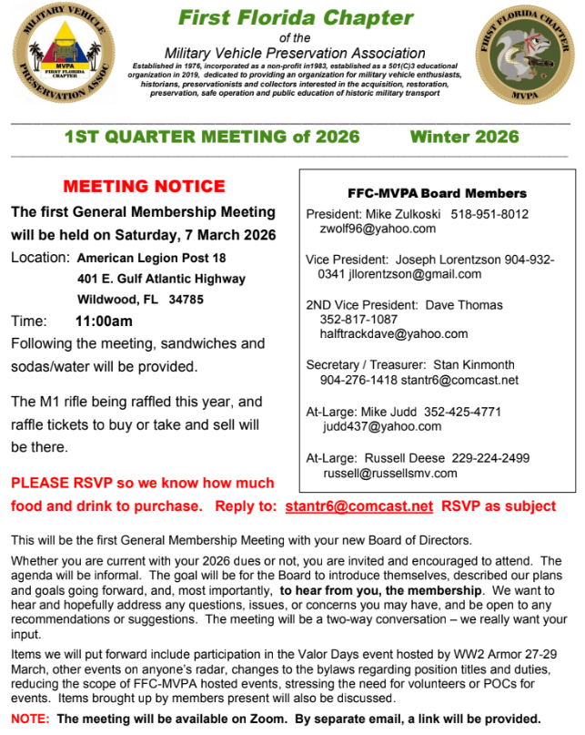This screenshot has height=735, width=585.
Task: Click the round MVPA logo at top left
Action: pyautogui.click(x=63, y=59)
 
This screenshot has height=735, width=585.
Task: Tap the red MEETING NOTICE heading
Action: pyautogui.click(x=145, y=187)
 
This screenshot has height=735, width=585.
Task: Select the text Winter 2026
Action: pyautogui.click(x=464, y=138)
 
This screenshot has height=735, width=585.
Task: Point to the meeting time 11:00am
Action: pyautogui.click(x=104, y=322)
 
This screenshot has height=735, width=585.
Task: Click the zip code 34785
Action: pyautogui.click(x=187, y=299)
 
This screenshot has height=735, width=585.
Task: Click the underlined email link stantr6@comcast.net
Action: pyautogui.click(x=358, y=505)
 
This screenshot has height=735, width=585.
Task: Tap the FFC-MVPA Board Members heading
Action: pyautogui.click(x=437, y=193)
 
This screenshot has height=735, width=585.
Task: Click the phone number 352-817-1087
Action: pyautogui.click(x=358, y=320)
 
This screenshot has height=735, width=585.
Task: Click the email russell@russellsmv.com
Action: pyautogui.click(x=389, y=474)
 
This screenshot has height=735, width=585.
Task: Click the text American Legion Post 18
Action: pyautogui.click(x=151, y=258)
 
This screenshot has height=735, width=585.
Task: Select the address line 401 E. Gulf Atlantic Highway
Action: pyautogui.click(x=161, y=279)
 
